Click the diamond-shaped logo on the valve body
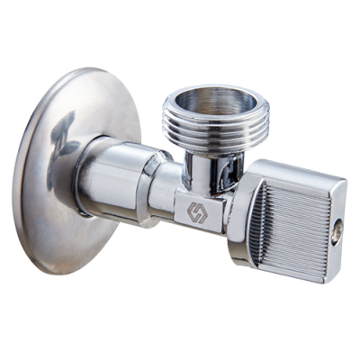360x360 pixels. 197,213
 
